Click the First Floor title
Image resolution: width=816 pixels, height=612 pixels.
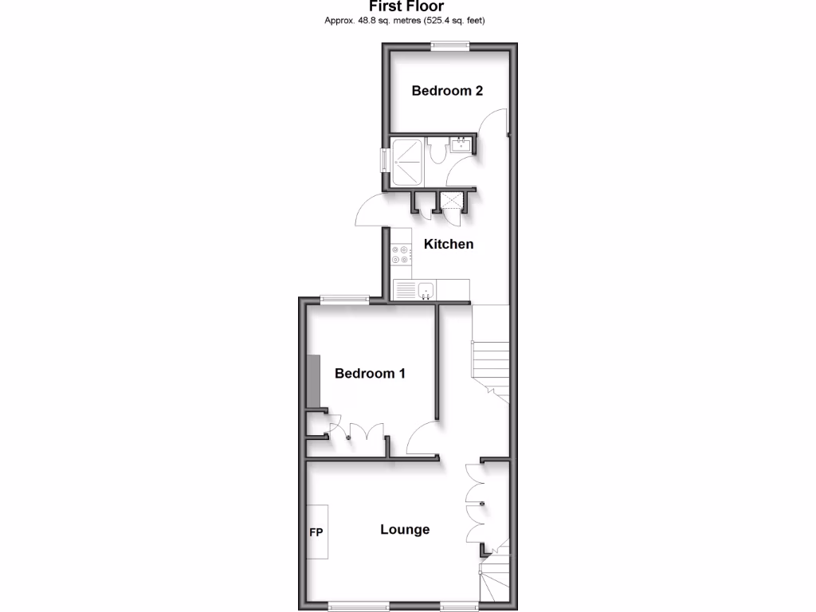tap(406, 6)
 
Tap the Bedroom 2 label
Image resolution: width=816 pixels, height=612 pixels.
tap(447, 91)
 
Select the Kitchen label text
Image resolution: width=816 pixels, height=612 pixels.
tap(449, 244)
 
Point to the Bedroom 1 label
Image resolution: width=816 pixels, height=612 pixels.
tap(370, 373)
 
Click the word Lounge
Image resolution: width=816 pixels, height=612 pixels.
tap(405, 529)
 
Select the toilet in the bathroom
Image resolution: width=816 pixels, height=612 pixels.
tap(437, 154)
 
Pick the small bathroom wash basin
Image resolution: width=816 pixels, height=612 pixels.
tap(461, 146)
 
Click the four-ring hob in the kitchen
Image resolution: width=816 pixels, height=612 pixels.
tap(401, 253)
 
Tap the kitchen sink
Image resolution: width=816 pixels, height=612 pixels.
tap(426, 290)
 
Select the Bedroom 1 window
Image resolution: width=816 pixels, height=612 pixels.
tap(344, 300)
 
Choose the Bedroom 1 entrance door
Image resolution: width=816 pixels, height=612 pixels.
tap(422, 440)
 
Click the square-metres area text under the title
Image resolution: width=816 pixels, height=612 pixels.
tap(404, 20)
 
